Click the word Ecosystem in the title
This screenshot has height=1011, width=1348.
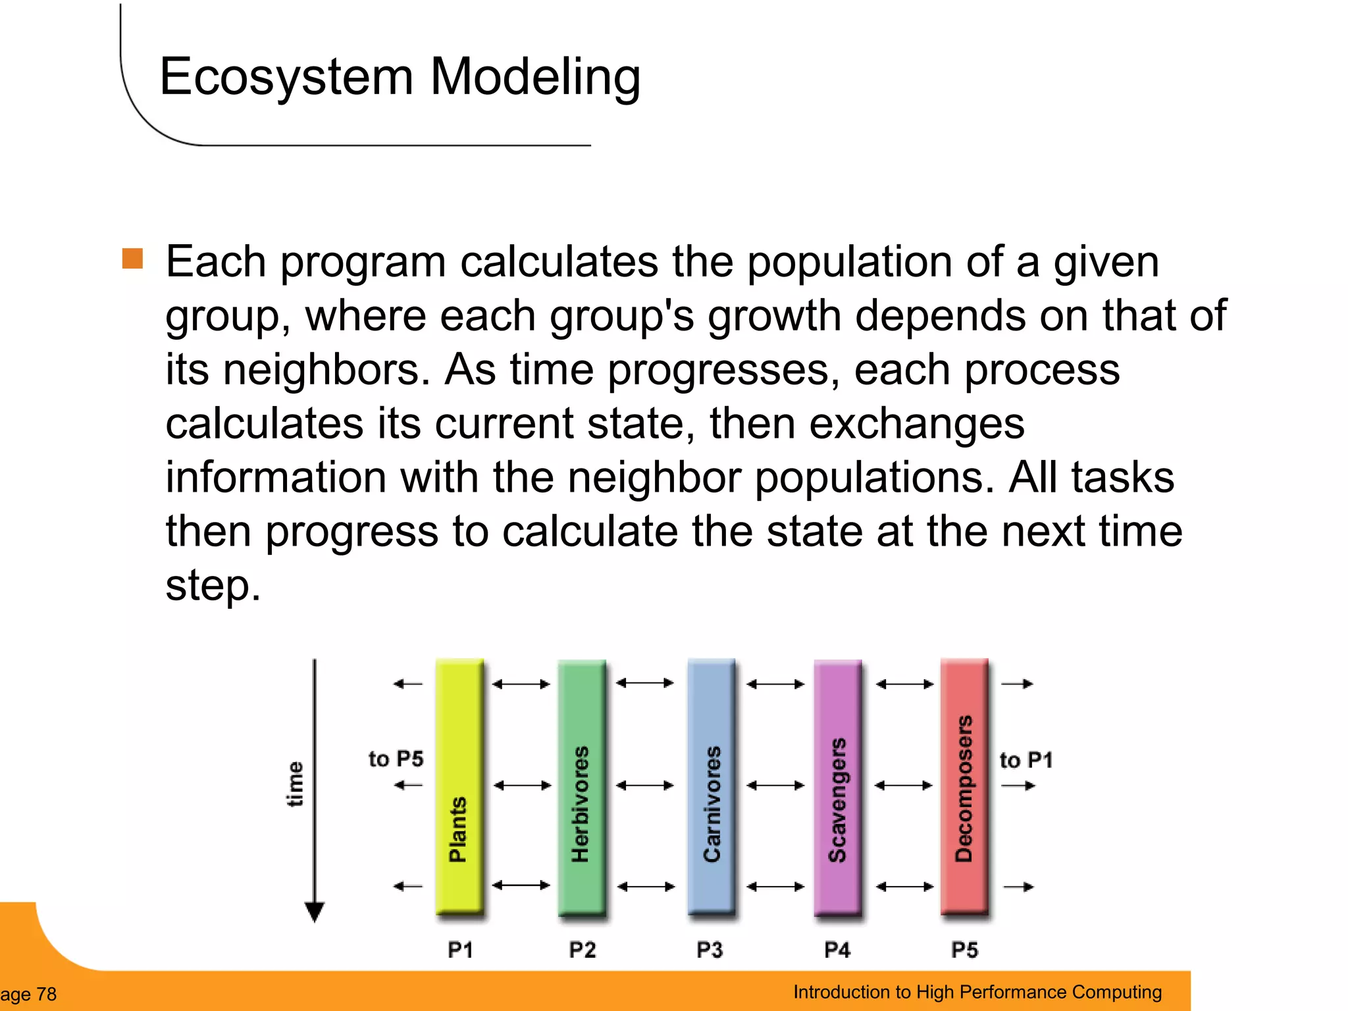286,78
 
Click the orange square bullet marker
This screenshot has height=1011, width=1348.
132,259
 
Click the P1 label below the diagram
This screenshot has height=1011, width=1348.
460,950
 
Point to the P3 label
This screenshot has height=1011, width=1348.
710,950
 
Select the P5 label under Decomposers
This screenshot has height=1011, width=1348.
964,950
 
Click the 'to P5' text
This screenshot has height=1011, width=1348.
396,759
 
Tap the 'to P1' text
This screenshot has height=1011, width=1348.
1025,760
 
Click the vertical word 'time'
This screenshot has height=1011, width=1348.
295,784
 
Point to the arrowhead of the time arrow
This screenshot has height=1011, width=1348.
315,912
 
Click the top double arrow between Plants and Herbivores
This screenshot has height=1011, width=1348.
521,685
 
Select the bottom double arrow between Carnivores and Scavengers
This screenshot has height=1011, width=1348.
775,887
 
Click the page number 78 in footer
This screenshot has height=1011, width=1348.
46,994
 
